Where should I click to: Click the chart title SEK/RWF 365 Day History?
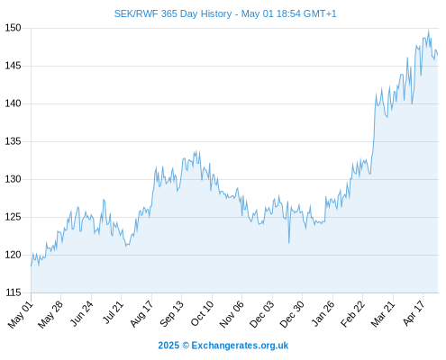point(173,13)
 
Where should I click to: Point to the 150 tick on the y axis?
point(13,28)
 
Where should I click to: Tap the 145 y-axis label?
point(13,66)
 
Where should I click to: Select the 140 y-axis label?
point(13,103)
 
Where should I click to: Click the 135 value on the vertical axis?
point(13,141)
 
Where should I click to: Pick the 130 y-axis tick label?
point(13,179)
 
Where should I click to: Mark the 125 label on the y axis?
point(13,217)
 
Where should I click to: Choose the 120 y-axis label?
point(13,255)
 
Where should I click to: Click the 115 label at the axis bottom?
point(13,292)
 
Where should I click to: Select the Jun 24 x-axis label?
point(82,313)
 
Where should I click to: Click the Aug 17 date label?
point(141,313)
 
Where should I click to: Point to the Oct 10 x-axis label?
point(202,313)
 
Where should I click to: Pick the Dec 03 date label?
point(262,314)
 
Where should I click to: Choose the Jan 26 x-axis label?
point(323,313)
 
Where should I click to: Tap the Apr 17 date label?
point(414,313)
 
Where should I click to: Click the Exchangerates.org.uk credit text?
point(240,346)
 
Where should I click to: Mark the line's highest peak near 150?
point(429,31)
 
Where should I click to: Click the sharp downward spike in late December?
point(289,243)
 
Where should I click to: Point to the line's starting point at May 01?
point(31,265)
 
